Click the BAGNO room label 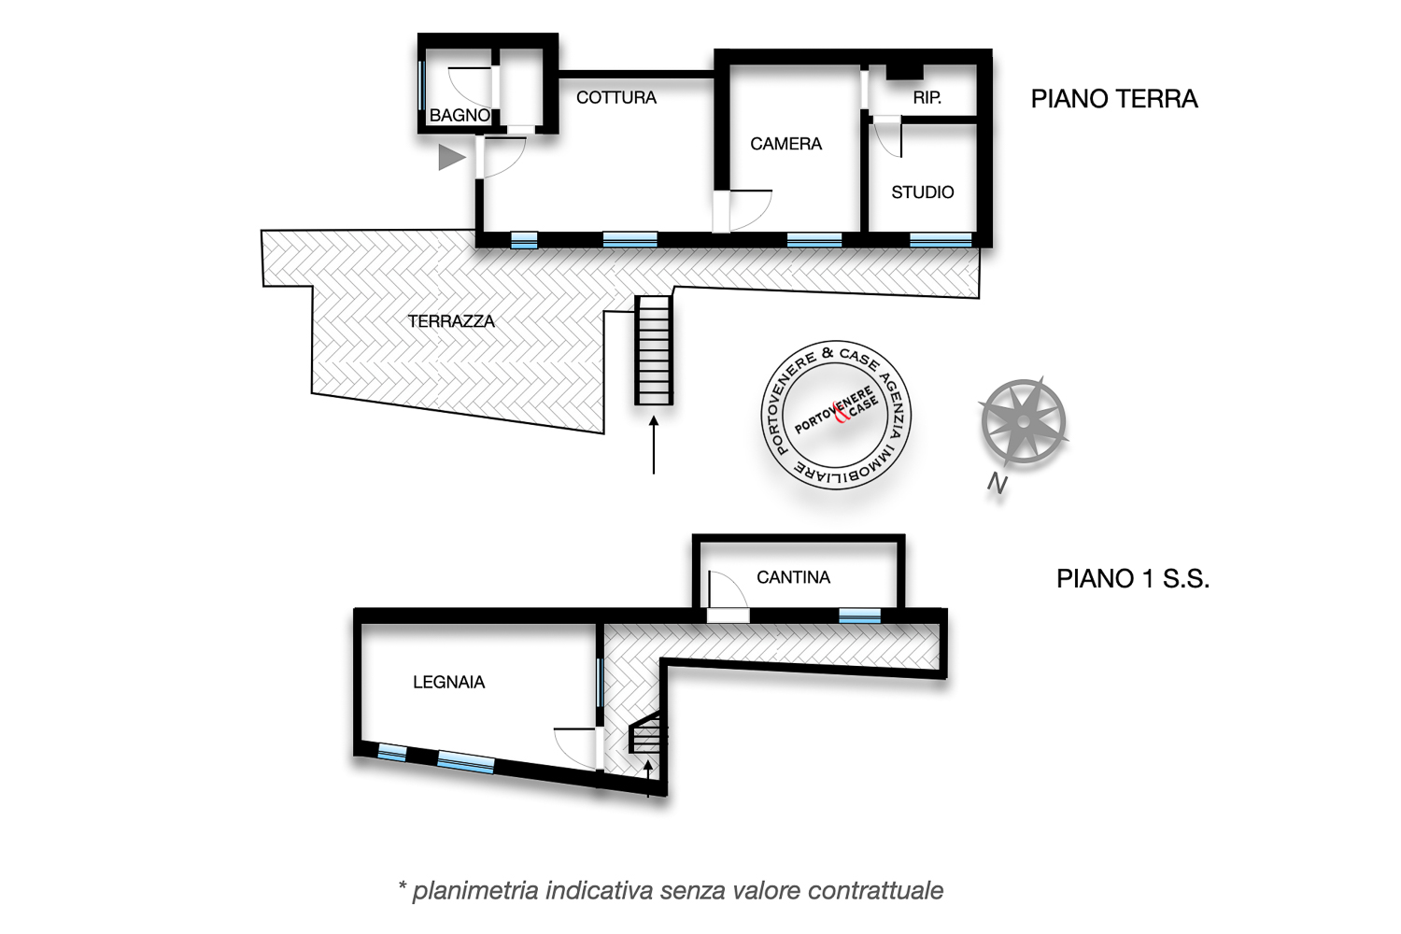tap(460, 116)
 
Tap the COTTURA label tap(616, 97)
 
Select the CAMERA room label tap(785, 144)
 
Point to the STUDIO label tap(923, 192)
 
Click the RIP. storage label tap(927, 97)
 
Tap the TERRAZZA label tap(451, 321)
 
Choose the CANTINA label tap(793, 577)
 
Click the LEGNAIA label tap(448, 682)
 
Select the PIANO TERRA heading tap(1114, 99)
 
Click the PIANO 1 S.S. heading tap(1133, 579)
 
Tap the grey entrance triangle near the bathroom tap(451, 157)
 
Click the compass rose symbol tap(1023, 421)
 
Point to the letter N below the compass tap(998, 484)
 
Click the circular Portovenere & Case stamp tap(836, 415)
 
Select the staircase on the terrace tap(654, 350)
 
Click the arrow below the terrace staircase tap(654, 446)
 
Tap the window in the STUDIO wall tap(941, 240)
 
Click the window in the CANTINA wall tap(859, 616)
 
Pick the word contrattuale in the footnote tap(875, 890)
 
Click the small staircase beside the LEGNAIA tap(648, 734)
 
